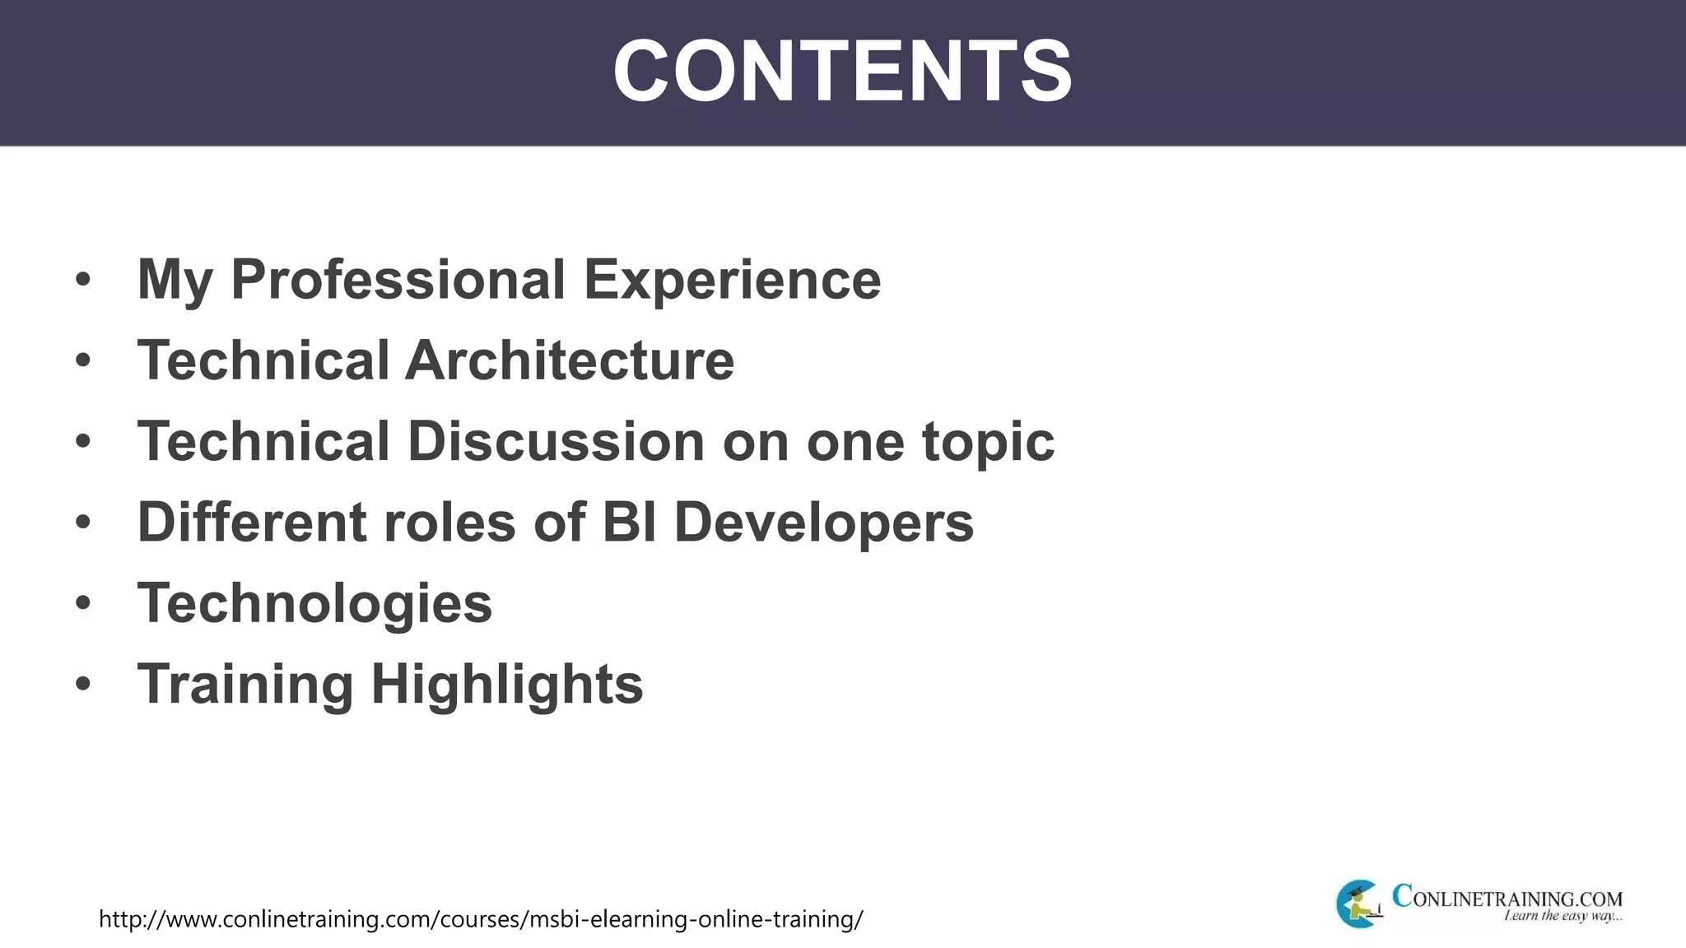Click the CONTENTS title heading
[842, 72]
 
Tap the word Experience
[732, 280]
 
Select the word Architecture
[569, 360]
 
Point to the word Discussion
[556, 441]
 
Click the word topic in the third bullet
[988, 441]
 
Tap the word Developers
[824, 522]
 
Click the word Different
[251, 522]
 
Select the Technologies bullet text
[314, 602]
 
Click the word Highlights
[507, 684]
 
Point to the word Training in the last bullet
[245, 684]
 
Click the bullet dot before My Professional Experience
[82, 280]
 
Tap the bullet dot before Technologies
[82, 603]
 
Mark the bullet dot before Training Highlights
[82, 684]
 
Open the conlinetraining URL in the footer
[481, 918]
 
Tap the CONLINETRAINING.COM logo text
[1507, 897]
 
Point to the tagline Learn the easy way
[1563, 916]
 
